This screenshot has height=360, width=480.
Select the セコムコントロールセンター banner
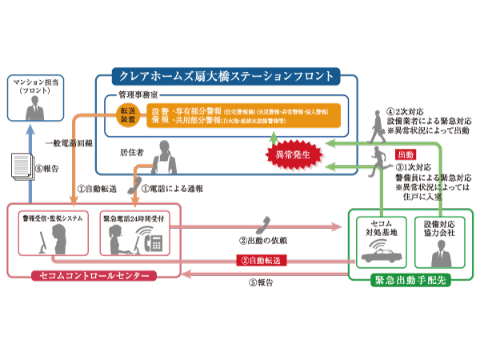pos(93,276)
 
